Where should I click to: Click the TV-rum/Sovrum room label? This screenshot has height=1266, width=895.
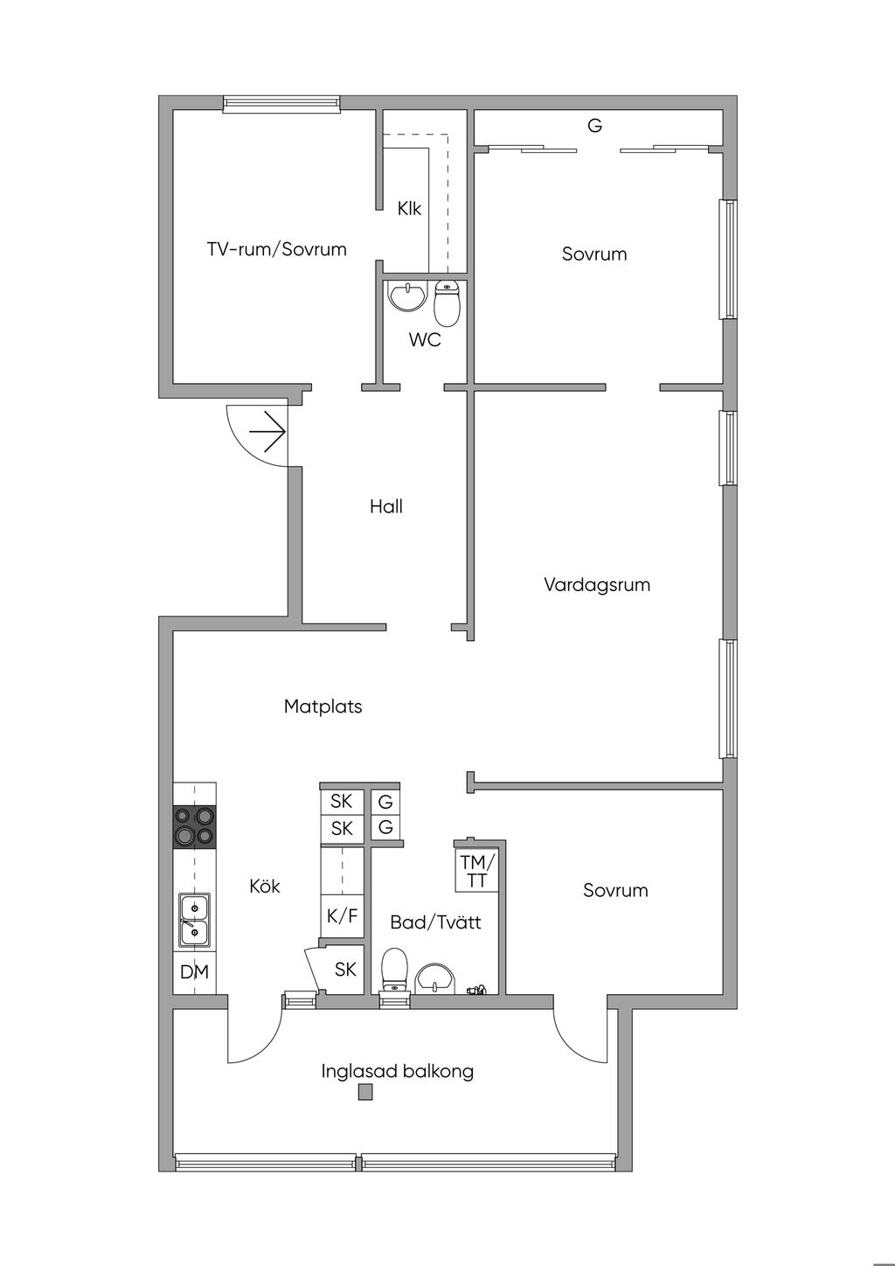(276, 249)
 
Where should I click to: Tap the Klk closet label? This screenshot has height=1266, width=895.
(409, 209)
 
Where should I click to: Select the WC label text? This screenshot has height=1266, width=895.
(425, 340)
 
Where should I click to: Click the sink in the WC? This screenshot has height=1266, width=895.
(407, 296)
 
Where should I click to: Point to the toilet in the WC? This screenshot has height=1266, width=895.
(447, 303)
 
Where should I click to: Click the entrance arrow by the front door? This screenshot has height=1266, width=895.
(267, 432)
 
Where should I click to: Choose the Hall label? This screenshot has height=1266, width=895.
(385, 506)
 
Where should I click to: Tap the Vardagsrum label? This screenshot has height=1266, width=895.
(597, 585)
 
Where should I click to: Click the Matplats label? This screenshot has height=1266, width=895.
(323, 706)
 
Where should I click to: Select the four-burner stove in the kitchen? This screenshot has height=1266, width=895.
(195, 826)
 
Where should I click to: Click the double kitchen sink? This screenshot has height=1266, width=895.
(194, 920)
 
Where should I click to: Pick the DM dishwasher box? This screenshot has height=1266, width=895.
(194, 972)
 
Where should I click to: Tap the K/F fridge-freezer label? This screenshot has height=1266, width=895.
(342, 916)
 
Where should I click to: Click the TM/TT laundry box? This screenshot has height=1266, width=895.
(477, 871)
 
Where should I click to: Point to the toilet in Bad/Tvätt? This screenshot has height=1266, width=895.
(395, 970)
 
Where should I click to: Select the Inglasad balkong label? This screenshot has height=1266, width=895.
(397, 1071)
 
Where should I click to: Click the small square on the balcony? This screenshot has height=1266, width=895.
(365, 1092)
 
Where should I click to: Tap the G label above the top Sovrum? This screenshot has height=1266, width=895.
(594, 126)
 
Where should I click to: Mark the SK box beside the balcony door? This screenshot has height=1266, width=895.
(344, 969)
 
